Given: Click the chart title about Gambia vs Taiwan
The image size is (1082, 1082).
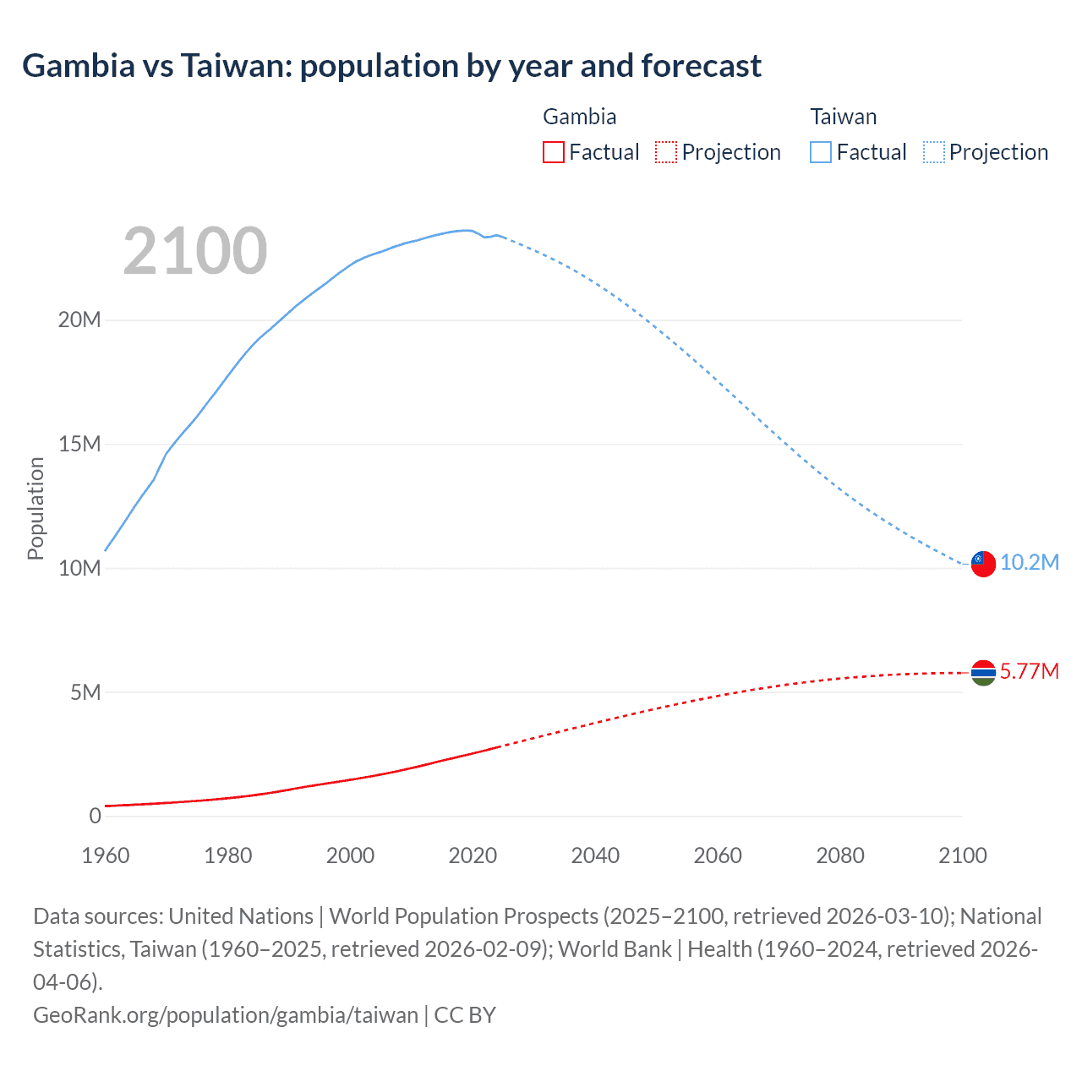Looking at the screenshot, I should (391, 66).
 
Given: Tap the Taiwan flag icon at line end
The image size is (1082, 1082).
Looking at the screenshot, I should (983, 563).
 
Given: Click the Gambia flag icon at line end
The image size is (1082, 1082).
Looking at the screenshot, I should (983, 673).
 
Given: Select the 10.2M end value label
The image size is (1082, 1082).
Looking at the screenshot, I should (1029, 563).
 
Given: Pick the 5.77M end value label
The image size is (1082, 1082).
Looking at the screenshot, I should (1029, 672).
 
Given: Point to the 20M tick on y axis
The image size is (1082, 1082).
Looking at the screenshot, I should (79, 320).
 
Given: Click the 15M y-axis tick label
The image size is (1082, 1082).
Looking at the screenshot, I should (79, 445).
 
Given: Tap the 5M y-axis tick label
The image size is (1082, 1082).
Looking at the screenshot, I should (85, 693).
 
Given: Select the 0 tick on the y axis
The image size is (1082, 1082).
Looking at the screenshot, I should (95, 817).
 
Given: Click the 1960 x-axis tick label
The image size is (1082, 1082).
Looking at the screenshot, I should (106, 855).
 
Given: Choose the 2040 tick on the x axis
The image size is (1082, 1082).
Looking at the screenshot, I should (595, 855).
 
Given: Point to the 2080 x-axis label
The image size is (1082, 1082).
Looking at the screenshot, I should (840, 855).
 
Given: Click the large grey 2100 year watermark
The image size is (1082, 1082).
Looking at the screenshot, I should (195, 251).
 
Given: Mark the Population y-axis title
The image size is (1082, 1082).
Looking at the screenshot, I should (36, 508).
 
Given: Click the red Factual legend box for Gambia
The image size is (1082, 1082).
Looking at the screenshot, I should (554, 152).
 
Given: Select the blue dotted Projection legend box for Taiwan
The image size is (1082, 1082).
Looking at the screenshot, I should (934, 152).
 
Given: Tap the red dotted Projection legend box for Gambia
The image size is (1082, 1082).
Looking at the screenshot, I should (666, 152).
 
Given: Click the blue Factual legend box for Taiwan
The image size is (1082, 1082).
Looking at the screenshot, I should (821, 152).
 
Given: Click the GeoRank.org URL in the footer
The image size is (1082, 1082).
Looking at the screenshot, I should (226, 1015).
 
